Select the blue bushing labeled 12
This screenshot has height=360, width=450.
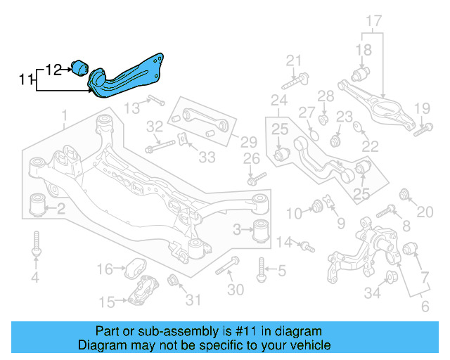click(x=79, y=67)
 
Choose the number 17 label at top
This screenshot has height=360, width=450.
click(x=373, y=21)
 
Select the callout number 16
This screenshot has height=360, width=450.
click(x=104, y=269)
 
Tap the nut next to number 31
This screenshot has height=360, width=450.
click(x=174, y=283)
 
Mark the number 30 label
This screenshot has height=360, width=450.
click(x=236, y=290)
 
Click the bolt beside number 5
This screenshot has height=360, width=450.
click(x=261, y=269)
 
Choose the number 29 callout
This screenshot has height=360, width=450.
click(x=229, y=141)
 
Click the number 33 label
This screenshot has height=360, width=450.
click(x=207, y=157)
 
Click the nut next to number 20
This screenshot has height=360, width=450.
click(x=404, y=194)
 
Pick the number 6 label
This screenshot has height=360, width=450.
click(x=424, y=307)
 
